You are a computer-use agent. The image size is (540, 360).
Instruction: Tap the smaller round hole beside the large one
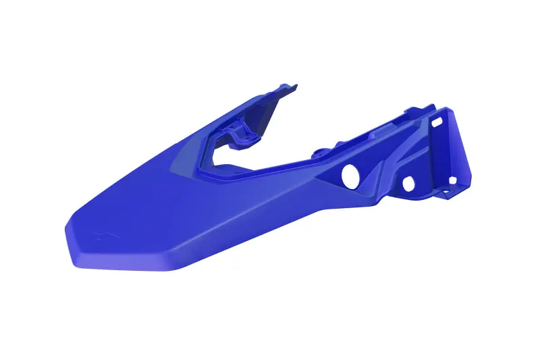click(x=408, y=183)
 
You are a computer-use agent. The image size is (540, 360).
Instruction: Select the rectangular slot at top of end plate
click(x=437, y=122)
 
